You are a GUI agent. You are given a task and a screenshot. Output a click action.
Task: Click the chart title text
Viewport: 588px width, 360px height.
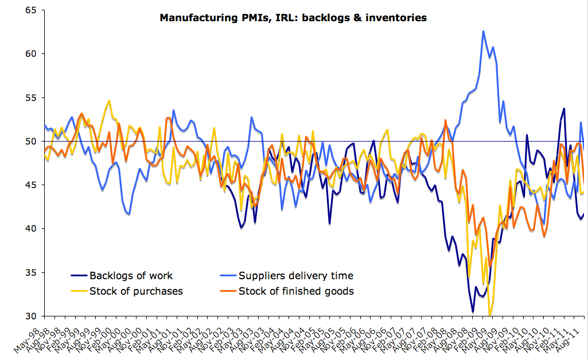click(293, 18)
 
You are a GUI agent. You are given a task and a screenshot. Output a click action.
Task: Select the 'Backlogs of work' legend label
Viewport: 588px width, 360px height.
click(131, 276)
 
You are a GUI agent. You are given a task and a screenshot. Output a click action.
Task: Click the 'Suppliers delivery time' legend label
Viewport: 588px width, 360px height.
click(296, 276)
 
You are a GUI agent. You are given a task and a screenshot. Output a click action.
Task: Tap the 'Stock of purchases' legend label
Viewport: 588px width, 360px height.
click(136, 291)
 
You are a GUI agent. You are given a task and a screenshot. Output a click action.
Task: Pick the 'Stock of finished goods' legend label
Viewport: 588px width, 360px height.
click(296, 291)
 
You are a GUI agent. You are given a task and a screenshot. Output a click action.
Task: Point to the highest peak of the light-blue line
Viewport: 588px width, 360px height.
click(484, 31)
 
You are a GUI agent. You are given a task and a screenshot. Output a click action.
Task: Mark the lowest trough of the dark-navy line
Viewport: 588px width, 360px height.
click(473, 312)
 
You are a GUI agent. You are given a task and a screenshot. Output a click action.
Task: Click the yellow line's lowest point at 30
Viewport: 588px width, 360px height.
click(489, 315)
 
